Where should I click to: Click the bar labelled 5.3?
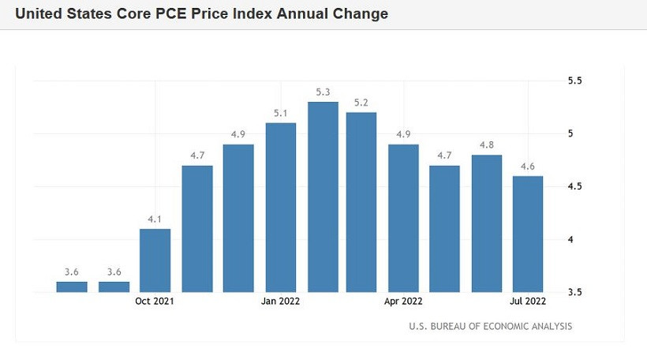click(x=323, y=197)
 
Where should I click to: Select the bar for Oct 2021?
click(x=155, y=261)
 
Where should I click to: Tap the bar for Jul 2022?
click(x=526, y=234)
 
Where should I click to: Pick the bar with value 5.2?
click(x=361, y=202)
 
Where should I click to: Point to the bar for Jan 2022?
click(x=281, y=207)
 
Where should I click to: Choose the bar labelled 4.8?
click(x=487, y=223)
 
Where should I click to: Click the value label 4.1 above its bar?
click(x=155, y=218)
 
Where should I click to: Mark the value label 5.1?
click(x=281, y=113)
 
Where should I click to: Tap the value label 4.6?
click(x=526, y=166)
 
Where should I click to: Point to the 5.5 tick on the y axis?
click(x=574, y=81)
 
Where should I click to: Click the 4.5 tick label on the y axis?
click(x=574, y=186)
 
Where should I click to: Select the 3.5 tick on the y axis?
click(x=574, y=292)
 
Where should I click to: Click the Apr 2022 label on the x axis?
click(x=403, y=301)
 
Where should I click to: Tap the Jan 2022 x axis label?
click(x=281, y=301)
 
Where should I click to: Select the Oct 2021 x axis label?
click(x=155, y=301)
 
